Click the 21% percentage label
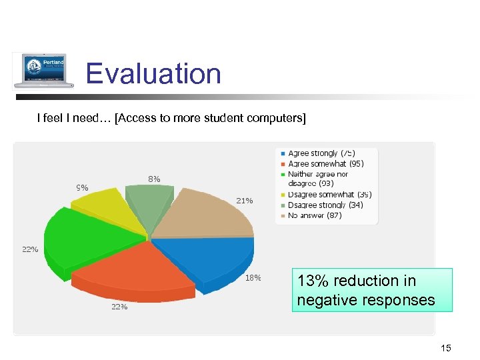pyautogui.click(x=244, y=201)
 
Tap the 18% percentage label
pyautogui.click(x=253, y=278)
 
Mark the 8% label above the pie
pyautogui.click(x=154, y=179)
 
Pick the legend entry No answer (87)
pyautogui.click(x=314, y=215)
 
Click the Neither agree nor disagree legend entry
pyautogui.click(x=317, y=179)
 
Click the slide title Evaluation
pyautogui.click(x=153, y=73)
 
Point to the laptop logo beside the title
pyautogui.click(x=44, y=71)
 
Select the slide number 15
pyautogui.click(x=446, y=348)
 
